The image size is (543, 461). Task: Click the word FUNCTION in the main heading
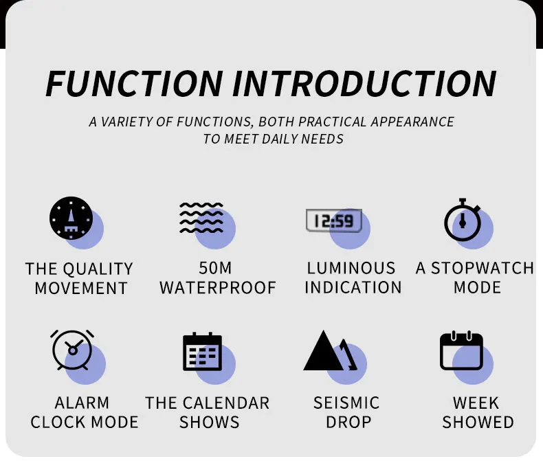[x=135, y=83]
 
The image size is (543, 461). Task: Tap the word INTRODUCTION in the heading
[x=365, y=83]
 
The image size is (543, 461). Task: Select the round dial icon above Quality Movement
[x=71, y=218]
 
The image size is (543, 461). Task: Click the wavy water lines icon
[x=201, y=218]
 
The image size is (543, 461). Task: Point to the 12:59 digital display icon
[x=334, y=221]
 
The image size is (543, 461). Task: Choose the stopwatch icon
[x=463, y=220]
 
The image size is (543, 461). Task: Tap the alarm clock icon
[x=72, y=350]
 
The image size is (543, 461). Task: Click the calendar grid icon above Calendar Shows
[x=202, y=351]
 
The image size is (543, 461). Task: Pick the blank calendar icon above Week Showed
[x=461, y=350]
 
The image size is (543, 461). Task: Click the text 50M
[x=215, y=268]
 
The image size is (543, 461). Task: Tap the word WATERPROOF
[x=218, y=288]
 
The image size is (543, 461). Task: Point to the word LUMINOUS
[x=351, y=268]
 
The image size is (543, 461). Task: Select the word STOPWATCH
[x=483, y=268]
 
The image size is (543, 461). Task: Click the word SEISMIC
[x=346, y=403]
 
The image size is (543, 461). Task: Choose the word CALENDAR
[x=226, y=403]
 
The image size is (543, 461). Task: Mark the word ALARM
[x=82, y=403]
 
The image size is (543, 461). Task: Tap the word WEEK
[x=476, y=403]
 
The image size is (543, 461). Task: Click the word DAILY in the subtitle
[x=280, y=139]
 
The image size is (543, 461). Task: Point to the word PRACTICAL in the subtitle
[x=333, y=122]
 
